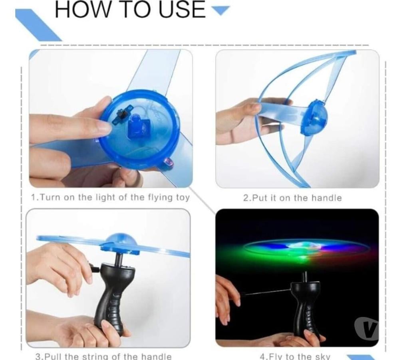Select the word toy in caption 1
[183, 198]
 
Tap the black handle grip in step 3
[112, 297]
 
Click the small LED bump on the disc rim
[169, 163]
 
